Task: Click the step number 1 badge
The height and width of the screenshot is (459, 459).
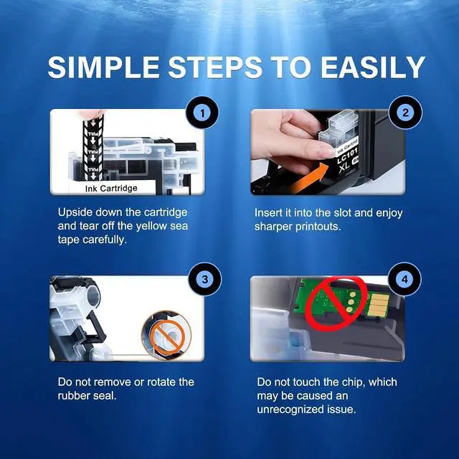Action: [x=202, y=113]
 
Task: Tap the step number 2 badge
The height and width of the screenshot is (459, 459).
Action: [x=405, y=113]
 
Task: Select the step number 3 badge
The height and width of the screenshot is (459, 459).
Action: [x=205, y=279]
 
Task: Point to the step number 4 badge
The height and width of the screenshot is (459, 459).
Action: [x=404, y=279]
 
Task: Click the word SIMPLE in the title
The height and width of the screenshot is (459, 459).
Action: [x=103, y=67]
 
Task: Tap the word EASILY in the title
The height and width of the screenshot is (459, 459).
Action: [x=373, y=67]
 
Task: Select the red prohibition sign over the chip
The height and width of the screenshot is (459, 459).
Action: [x=336, y=304]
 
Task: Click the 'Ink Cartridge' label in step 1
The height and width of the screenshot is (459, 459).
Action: [x=111, y=188]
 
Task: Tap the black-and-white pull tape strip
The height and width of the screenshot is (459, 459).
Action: [x=93, y=148]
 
